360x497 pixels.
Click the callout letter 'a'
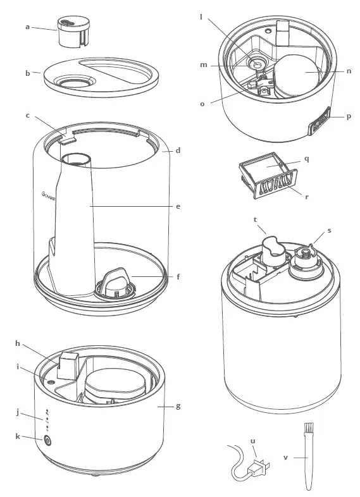tap(27, 27)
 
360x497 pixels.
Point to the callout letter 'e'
tap(178, 206)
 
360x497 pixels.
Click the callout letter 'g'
tap(178, 405)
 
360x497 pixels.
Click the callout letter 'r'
tap(306, 196)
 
